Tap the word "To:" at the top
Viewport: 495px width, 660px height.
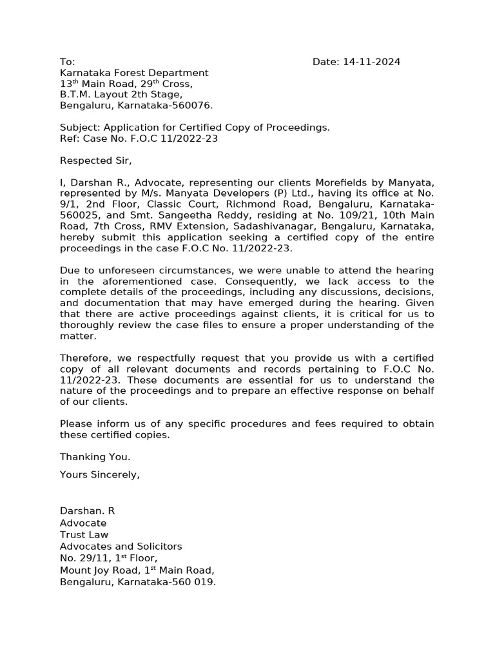(68, 62)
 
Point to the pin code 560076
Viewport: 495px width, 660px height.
(194, 106)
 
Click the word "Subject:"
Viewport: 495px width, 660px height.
(80, 128)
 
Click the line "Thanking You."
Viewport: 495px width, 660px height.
(95, 456)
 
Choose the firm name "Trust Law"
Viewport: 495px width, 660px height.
(84, 534)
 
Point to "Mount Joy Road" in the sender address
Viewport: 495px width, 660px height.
(98, 570)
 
